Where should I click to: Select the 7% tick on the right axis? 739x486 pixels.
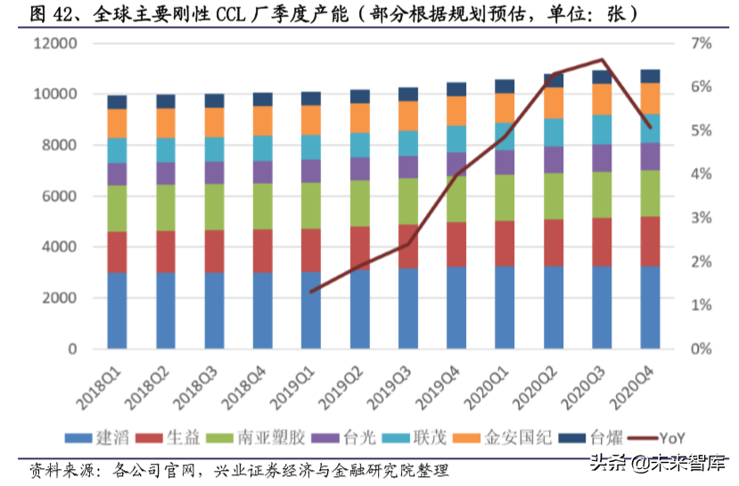point(698,44)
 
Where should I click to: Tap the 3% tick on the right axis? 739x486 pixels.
point(698,218)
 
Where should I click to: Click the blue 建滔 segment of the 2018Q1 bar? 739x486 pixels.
point(117,310)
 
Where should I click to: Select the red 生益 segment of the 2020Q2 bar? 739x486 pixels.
point(554,242)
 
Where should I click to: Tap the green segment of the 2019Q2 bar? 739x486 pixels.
point(359,202)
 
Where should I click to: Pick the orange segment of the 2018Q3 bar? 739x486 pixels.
point(214,122)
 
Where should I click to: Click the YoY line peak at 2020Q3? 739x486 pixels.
point(603,60)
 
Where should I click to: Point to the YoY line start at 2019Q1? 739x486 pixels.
point(311,291)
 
